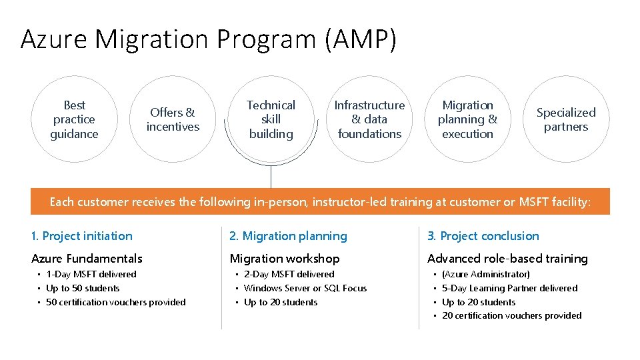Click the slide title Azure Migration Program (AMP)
(209, 39)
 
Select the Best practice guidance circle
(74, 119)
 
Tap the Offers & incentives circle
(173, 119)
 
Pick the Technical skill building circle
(271, 119)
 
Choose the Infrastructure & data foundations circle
(369, 119)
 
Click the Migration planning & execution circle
(467, 119)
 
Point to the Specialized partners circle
(566, 119)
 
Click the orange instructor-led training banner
(320, 201)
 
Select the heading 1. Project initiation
(82, 236)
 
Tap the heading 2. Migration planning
(288, 236)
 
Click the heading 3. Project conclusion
(483, 236)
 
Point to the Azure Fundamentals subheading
(87, 259)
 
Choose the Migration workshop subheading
(285, 259)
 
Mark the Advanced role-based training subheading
(507, 259)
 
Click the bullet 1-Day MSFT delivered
(91, 274)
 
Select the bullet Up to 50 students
(83, 288)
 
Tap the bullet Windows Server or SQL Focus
(305, 288)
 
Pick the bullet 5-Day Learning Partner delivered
(510, 288)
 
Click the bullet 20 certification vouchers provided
(512, 315)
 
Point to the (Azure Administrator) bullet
(486, 274)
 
